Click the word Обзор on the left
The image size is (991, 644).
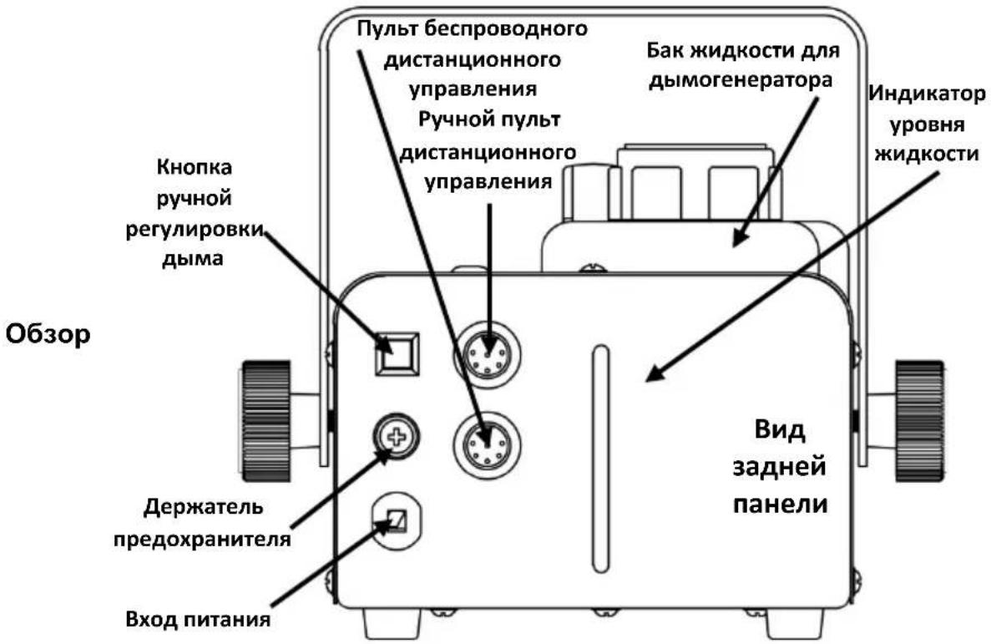[48, 335]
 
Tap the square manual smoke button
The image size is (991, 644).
[397, 353]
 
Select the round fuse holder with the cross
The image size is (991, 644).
[397, 437]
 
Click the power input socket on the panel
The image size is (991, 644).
[397, 520]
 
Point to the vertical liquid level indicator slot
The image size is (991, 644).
[599, 459]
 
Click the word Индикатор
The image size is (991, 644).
[927, 94]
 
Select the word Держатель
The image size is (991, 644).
[204, 507]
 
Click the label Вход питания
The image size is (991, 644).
[198, 619]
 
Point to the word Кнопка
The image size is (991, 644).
[194, 168]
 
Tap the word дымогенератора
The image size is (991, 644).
[740, 80]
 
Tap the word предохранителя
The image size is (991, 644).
[202, 539]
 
